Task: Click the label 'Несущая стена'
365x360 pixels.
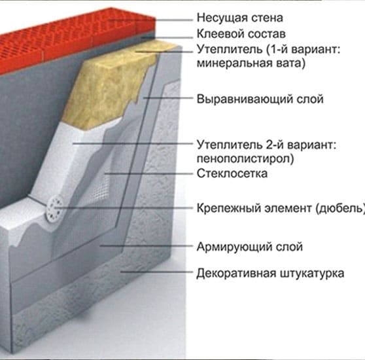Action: click(x=240, y=18)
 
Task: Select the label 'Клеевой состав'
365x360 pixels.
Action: click(x=241, y=34)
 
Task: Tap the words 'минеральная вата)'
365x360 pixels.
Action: click(x=251, y=63)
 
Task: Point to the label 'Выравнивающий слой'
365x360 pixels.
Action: click(x=260, y=99)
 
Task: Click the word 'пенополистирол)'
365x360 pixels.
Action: click(x=245, y=158)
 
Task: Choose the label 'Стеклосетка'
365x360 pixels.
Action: click(x=232, y=173)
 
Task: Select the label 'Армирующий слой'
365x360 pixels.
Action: click(x=250, y=247)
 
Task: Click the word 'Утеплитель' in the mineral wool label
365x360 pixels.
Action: click(x=230, y=50)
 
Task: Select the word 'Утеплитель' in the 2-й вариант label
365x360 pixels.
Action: click(x=230, y=145)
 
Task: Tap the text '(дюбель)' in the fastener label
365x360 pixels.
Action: click(x=340, y=208)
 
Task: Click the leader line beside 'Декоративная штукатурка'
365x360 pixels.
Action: click(x=157, y=272)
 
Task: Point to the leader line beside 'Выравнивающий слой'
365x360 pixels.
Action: click(x=168, y=98)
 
